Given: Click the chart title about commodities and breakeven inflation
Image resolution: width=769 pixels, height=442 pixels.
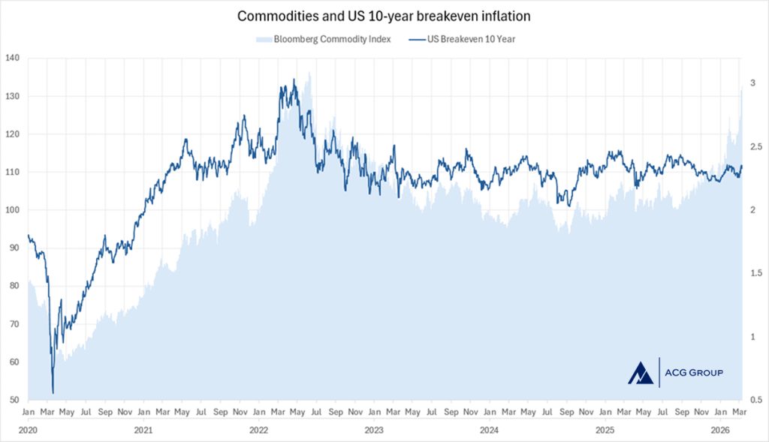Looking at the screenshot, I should tap(384, 16).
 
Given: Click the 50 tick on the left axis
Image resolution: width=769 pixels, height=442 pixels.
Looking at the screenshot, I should tap(13, 400).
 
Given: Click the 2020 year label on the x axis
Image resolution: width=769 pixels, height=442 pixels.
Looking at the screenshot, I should tap(28, 430).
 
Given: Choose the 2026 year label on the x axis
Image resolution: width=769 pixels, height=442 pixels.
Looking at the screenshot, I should tap(720, 430).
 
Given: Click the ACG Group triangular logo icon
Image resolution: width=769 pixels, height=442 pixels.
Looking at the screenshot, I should tap(641, 371).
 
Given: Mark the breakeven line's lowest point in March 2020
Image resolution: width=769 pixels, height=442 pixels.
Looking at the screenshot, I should tap(53, 392).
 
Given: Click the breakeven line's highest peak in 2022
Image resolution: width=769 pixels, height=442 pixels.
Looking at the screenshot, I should tap(294, 80).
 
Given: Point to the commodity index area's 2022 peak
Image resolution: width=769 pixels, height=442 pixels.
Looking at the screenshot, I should tap(309, 74).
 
